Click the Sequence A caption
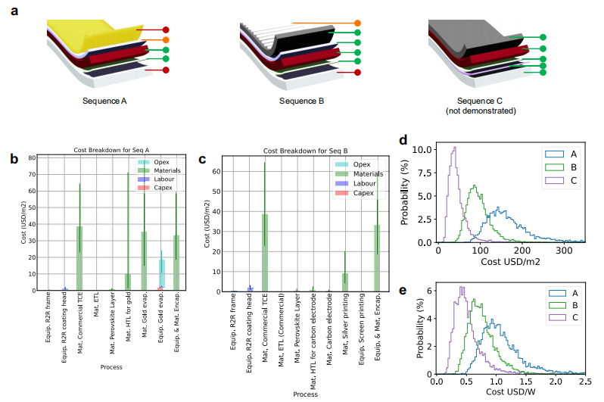pyautogui.click(x=105, y=101)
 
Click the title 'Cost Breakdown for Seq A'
pyautogui.click(x=111, y=151)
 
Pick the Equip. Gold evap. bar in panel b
pyautogui.click(x=160, y=275)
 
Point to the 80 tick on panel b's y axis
pyautogui.click(x=32, y=157)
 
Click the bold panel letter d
pyautogui.click(x=403, y=141)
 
